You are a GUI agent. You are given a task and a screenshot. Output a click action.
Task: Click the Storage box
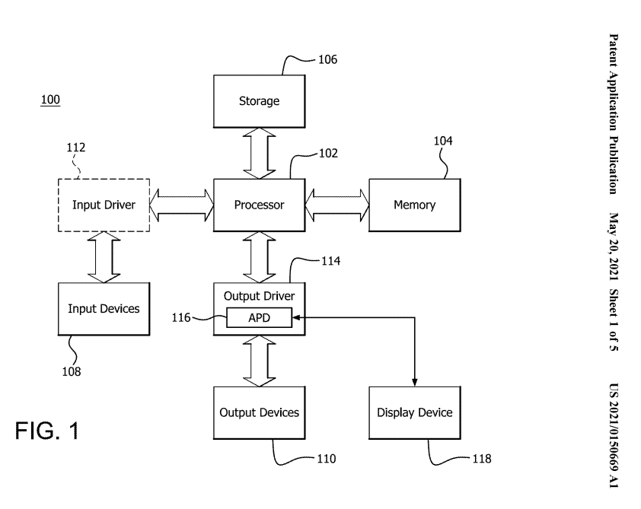coord(259,101)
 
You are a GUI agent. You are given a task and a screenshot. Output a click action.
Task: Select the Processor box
coord(259,205)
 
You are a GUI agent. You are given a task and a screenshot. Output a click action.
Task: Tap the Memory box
coord(415,205)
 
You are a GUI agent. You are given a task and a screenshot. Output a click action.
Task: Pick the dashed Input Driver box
coord(104,205)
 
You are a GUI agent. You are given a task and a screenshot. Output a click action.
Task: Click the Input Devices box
coord(104,309)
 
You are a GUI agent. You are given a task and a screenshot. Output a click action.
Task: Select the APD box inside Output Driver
coord(259,318)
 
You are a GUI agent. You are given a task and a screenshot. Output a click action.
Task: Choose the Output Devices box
coord(259,412)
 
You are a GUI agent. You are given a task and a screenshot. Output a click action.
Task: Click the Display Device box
coord(415,412)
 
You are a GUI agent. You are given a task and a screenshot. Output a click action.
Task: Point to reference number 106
coord(328,59)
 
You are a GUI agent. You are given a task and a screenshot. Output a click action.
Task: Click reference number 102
coord(328,154)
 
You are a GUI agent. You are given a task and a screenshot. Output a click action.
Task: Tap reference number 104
coord(443,141)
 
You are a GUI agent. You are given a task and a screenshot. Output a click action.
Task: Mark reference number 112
coord(76,148)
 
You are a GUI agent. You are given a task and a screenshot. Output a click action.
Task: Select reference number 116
coord(181,318)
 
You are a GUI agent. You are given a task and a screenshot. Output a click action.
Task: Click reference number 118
coord(482,459)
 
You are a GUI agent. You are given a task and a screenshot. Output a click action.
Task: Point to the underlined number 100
coord(50,100)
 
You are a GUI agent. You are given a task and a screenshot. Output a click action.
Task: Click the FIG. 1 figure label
coord(47,431)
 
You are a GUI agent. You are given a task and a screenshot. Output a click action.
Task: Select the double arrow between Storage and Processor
coord(259,153)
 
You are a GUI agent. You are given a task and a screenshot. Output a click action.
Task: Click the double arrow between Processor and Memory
coord(336,205)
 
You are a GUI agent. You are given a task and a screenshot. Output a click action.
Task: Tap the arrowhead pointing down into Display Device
coord(415,383)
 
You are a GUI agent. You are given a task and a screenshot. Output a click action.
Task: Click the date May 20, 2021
coord(614,247)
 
